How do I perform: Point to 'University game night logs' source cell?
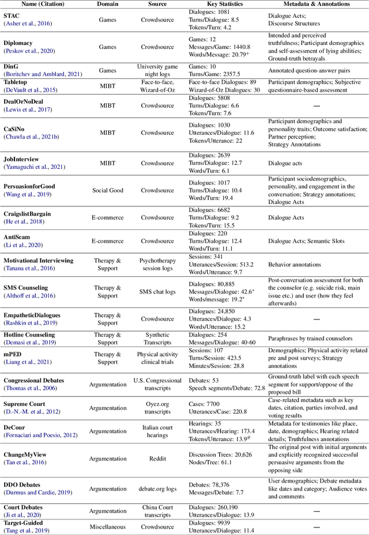point(157,70)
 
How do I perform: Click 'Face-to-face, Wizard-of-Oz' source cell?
point(157,86)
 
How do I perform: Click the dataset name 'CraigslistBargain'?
point(27,214)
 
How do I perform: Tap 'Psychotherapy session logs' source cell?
point(157,264)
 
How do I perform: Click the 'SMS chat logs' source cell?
point(157,292)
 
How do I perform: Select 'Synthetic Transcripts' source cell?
point(157,338)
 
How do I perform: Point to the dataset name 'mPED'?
point(14,354)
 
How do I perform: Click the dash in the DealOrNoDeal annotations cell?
point(317,106)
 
